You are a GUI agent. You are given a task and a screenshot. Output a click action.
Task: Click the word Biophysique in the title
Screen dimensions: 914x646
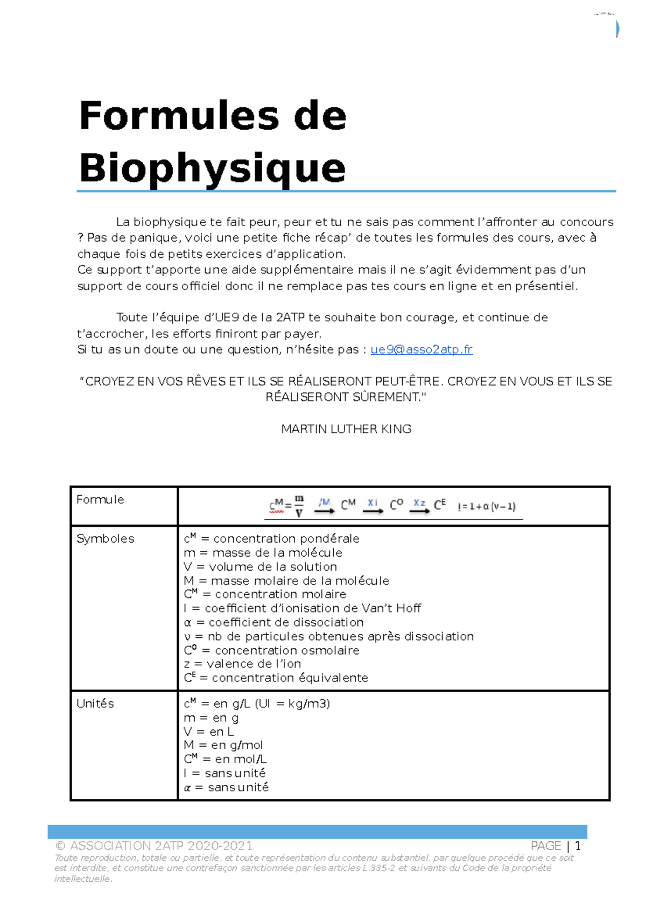(212, 168)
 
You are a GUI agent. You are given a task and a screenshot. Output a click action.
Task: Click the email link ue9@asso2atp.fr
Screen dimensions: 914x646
(422, 349)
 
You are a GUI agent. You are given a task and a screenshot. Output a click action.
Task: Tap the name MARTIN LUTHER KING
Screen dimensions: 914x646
(346, 429)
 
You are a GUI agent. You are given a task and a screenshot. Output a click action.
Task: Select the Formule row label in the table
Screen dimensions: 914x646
(100, 500)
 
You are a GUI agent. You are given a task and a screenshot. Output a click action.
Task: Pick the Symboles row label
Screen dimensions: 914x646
(106, 539)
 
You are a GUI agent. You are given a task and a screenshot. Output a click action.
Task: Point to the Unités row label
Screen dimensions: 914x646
(95, 704)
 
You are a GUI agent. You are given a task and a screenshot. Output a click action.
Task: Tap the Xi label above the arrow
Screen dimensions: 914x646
(373, 502)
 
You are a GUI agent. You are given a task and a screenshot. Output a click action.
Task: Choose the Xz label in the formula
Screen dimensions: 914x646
(419, 503)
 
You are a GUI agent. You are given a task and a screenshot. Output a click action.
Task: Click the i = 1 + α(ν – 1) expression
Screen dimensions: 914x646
(487, 507)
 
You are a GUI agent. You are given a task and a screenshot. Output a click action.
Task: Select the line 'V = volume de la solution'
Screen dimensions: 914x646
(261, 567)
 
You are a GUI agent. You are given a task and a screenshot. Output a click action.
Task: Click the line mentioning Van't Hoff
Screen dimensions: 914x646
(302, 608)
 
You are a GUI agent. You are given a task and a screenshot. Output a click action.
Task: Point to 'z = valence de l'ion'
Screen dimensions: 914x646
(242, 664)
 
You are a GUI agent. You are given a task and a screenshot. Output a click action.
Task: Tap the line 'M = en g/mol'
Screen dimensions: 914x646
(223, 745)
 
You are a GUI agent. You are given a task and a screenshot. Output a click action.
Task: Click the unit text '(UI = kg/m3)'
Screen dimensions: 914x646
(292, 704)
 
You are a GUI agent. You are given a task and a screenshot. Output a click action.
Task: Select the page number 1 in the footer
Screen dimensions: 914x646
(578, 846)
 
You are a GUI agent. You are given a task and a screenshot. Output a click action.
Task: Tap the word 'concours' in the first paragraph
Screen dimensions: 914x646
(586, 222)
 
